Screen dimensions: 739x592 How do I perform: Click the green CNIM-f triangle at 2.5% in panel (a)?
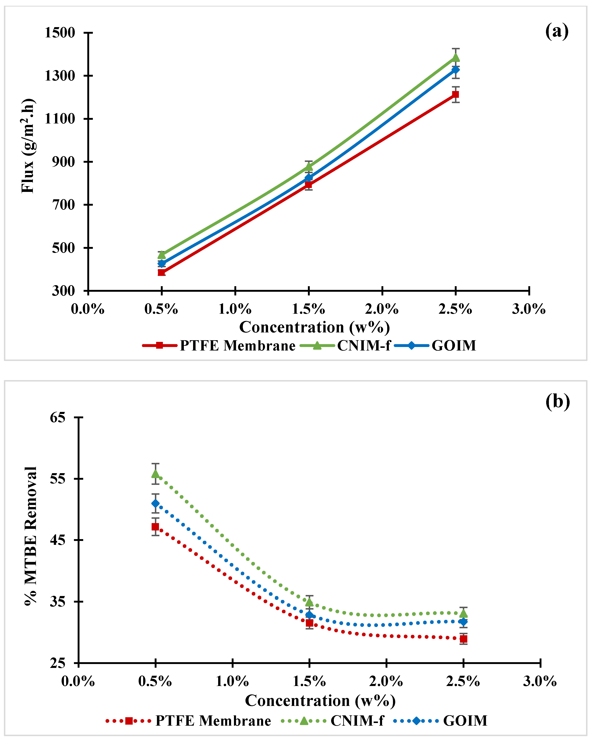(456, 57)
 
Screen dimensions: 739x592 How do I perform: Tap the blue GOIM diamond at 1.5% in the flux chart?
(309, 178)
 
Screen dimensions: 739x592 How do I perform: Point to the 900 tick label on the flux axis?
(63, 162)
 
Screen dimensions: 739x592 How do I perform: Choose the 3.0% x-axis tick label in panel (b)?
(540, 681)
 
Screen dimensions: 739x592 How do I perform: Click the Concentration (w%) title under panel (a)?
(314, 327)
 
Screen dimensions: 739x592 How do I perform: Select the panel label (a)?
(557, 31)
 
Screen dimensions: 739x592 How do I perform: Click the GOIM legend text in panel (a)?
(454, 346)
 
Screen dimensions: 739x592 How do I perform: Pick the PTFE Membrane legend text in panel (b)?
(213, 721)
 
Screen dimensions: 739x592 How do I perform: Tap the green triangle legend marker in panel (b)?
(304, 721)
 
